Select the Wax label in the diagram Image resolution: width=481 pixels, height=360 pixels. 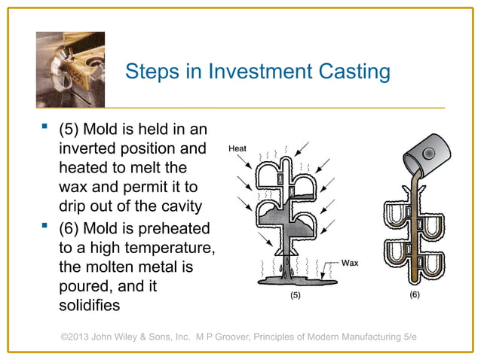(x=350, y=263)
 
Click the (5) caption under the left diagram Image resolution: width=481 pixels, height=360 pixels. (x=296, y=296)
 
